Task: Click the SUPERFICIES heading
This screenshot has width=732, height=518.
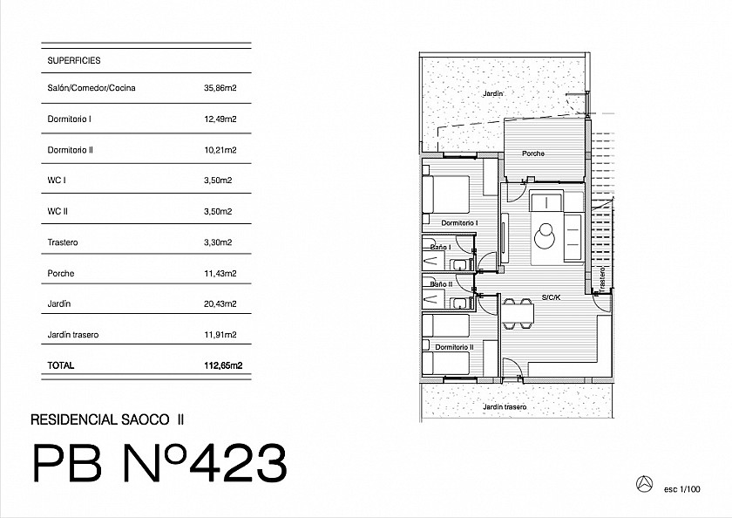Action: click(x=75, y=61)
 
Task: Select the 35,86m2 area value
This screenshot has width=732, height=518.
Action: click(x=220, y=88)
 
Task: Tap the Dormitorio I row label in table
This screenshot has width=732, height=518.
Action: click(x=70, y=119)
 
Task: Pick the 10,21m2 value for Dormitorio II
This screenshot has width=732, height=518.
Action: click(x=220, y=150)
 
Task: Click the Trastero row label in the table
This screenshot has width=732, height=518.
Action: click(x=63, y=242)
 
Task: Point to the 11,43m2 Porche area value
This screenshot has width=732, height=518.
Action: click(x=220, y=274)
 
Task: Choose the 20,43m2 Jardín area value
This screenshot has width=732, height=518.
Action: click(x=220, y=304)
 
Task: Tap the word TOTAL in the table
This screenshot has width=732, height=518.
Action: click(x=62, y=366)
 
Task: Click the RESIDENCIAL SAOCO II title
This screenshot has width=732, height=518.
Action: click(x=107, y=419)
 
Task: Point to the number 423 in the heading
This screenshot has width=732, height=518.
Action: click(x=234, y=463)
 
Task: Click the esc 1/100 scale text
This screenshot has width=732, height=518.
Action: click(x=681, y=489)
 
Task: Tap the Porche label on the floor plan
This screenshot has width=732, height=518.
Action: click(x=533, y=153)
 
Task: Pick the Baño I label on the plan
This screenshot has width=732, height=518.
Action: click(x=438, y=247)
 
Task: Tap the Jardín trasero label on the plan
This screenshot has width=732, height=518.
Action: click(x=505, y=407)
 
